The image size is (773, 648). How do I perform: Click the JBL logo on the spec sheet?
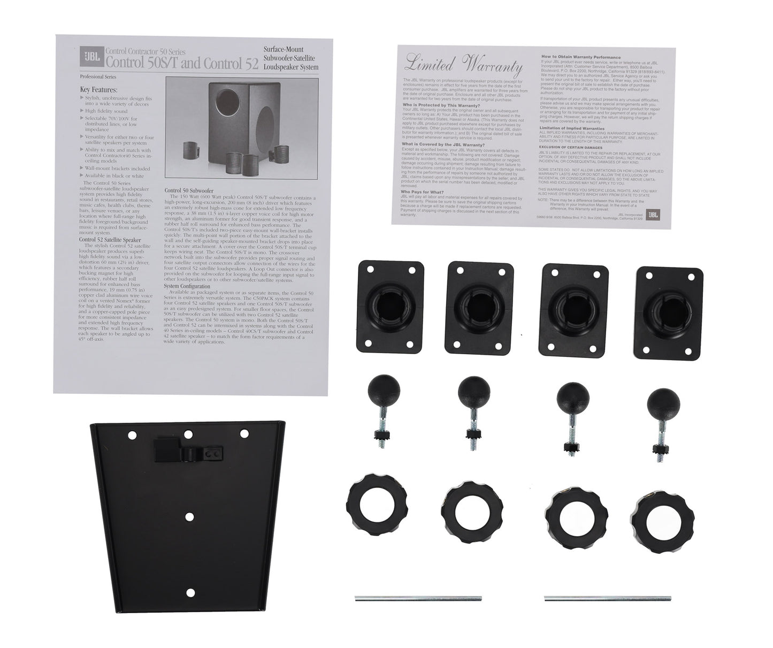(x=86, y=53)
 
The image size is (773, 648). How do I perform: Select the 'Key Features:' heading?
(x=99, y=90)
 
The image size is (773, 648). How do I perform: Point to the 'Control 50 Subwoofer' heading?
(x=189, y=190)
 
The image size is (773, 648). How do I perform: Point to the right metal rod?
(x=608, y=598)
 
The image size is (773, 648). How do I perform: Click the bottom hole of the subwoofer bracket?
(x=189, y=592)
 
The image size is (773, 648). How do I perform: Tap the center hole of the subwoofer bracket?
(x=189, y=516)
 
